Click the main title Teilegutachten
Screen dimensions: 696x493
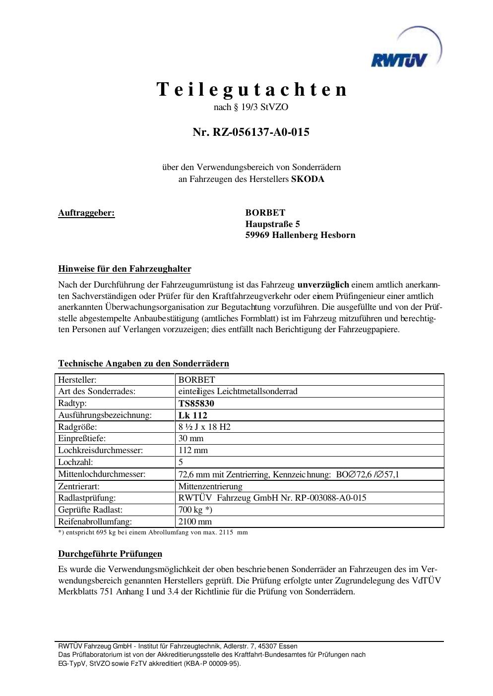click(252, 90)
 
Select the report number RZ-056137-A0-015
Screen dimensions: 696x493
click(251, 132)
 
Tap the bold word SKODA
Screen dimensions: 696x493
click(308, 179)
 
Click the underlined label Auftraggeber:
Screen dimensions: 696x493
click(86, 213)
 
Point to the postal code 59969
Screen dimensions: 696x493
click(257, 235)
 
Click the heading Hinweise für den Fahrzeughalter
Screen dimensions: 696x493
click(124, 269)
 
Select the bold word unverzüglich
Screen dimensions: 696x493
click(323, 285)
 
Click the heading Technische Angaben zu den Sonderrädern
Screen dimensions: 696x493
click(143, 363)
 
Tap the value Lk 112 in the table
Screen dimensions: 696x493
click(193, 415)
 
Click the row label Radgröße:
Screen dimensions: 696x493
click(77, 427)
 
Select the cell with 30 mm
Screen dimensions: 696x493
click(191, 439)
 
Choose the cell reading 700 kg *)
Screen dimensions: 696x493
click(195, 510)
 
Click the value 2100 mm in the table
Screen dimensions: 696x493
click(195, 522)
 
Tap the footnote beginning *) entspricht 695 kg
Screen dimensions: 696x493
click(153, 532)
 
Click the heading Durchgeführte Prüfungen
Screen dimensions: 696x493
click(110, 554)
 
